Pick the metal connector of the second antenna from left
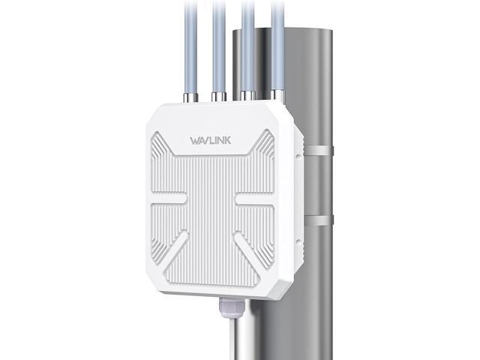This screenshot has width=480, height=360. (x=218, y=96)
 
